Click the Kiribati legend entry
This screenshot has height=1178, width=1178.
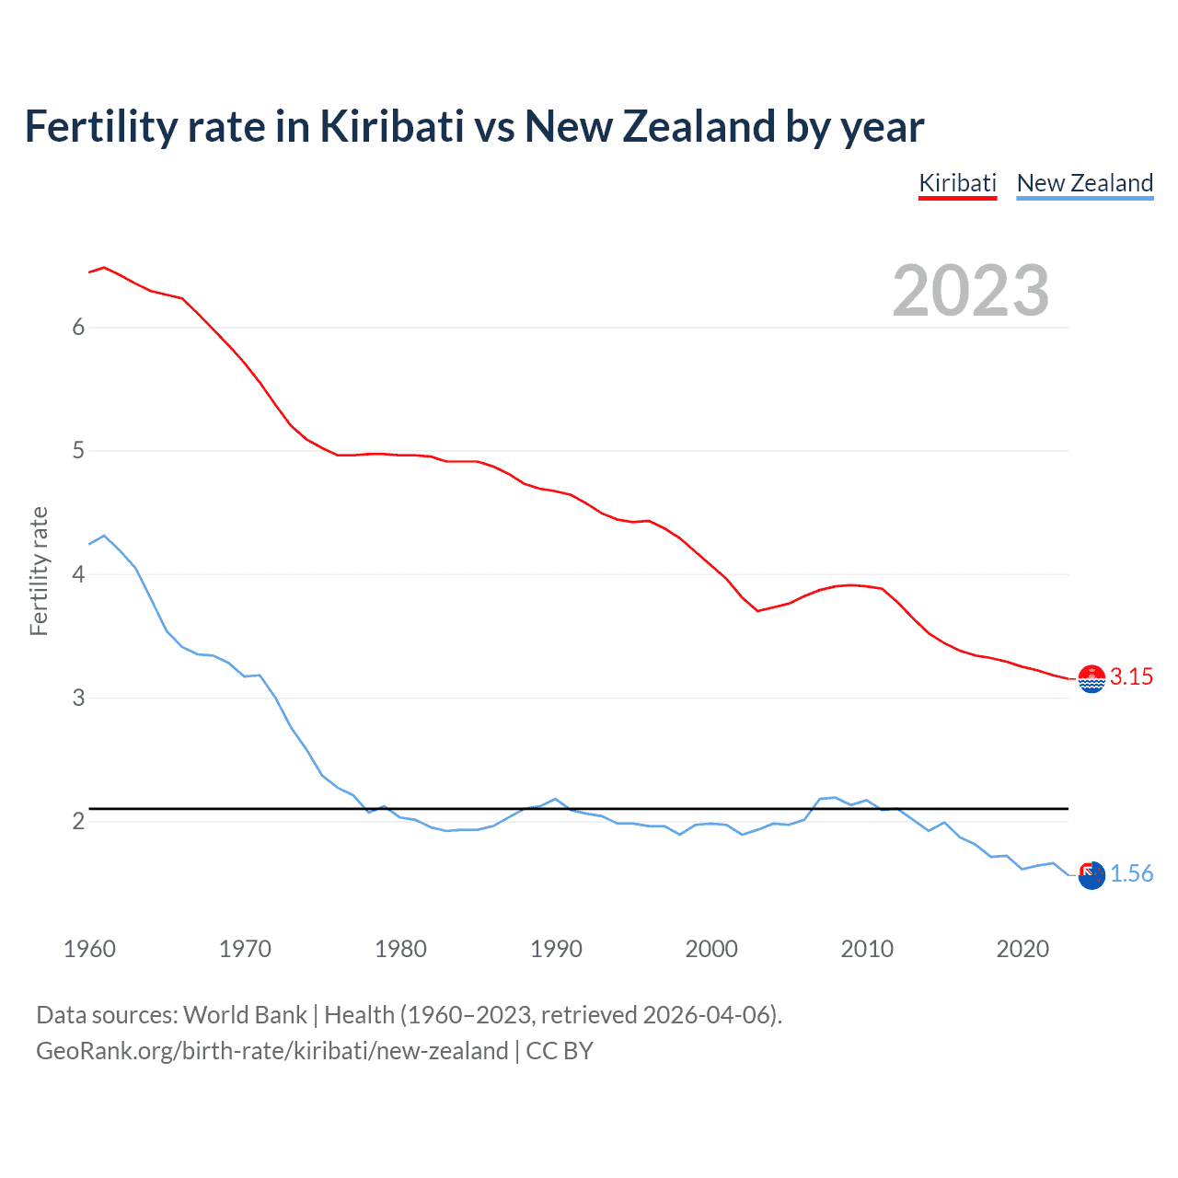[x=957, y=183]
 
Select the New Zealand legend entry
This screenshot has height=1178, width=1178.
[x=1084, y=183]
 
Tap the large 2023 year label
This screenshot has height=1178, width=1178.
[x=971, y=291]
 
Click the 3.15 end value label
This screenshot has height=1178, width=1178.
[x=1131, y=677]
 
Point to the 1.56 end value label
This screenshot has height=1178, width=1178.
[x=1131, y=874]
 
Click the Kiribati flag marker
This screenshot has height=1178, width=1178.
[x=1091, y=679]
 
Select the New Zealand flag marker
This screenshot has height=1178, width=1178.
[x=1091, y=875]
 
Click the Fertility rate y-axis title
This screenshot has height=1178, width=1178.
[x=39, y=571]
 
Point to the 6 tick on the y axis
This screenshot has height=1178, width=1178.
[x=78, y=328]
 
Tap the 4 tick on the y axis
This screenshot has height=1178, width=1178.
[x=78, y=574]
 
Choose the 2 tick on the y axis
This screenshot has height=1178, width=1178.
[x=78, y=821]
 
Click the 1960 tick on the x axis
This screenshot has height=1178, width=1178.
[x=89, y=949]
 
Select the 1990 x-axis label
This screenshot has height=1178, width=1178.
[x=556, y=949]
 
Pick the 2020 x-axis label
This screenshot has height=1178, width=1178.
[x=1022, y=949]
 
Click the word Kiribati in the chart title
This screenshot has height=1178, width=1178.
[x=391, y=127]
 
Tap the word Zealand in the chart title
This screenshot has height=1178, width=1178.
[x=699, y=127]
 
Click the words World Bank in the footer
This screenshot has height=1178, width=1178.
[x=245, y=1015]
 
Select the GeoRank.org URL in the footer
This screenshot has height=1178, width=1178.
[x=271, y=1051]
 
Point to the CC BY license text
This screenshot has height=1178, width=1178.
[x=560, y=1051]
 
